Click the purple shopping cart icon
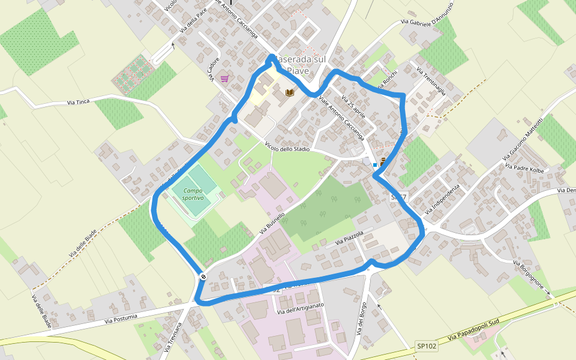tap(224, 79)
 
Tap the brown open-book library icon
tap(290, 92)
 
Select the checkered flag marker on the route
tap(203, 277)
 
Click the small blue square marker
tap(375, 164)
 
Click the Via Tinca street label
tap(79, 102)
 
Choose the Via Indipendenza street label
tap(442, 199)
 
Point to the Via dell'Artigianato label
tap(300, 308)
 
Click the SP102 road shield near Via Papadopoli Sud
tap(427, 347)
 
